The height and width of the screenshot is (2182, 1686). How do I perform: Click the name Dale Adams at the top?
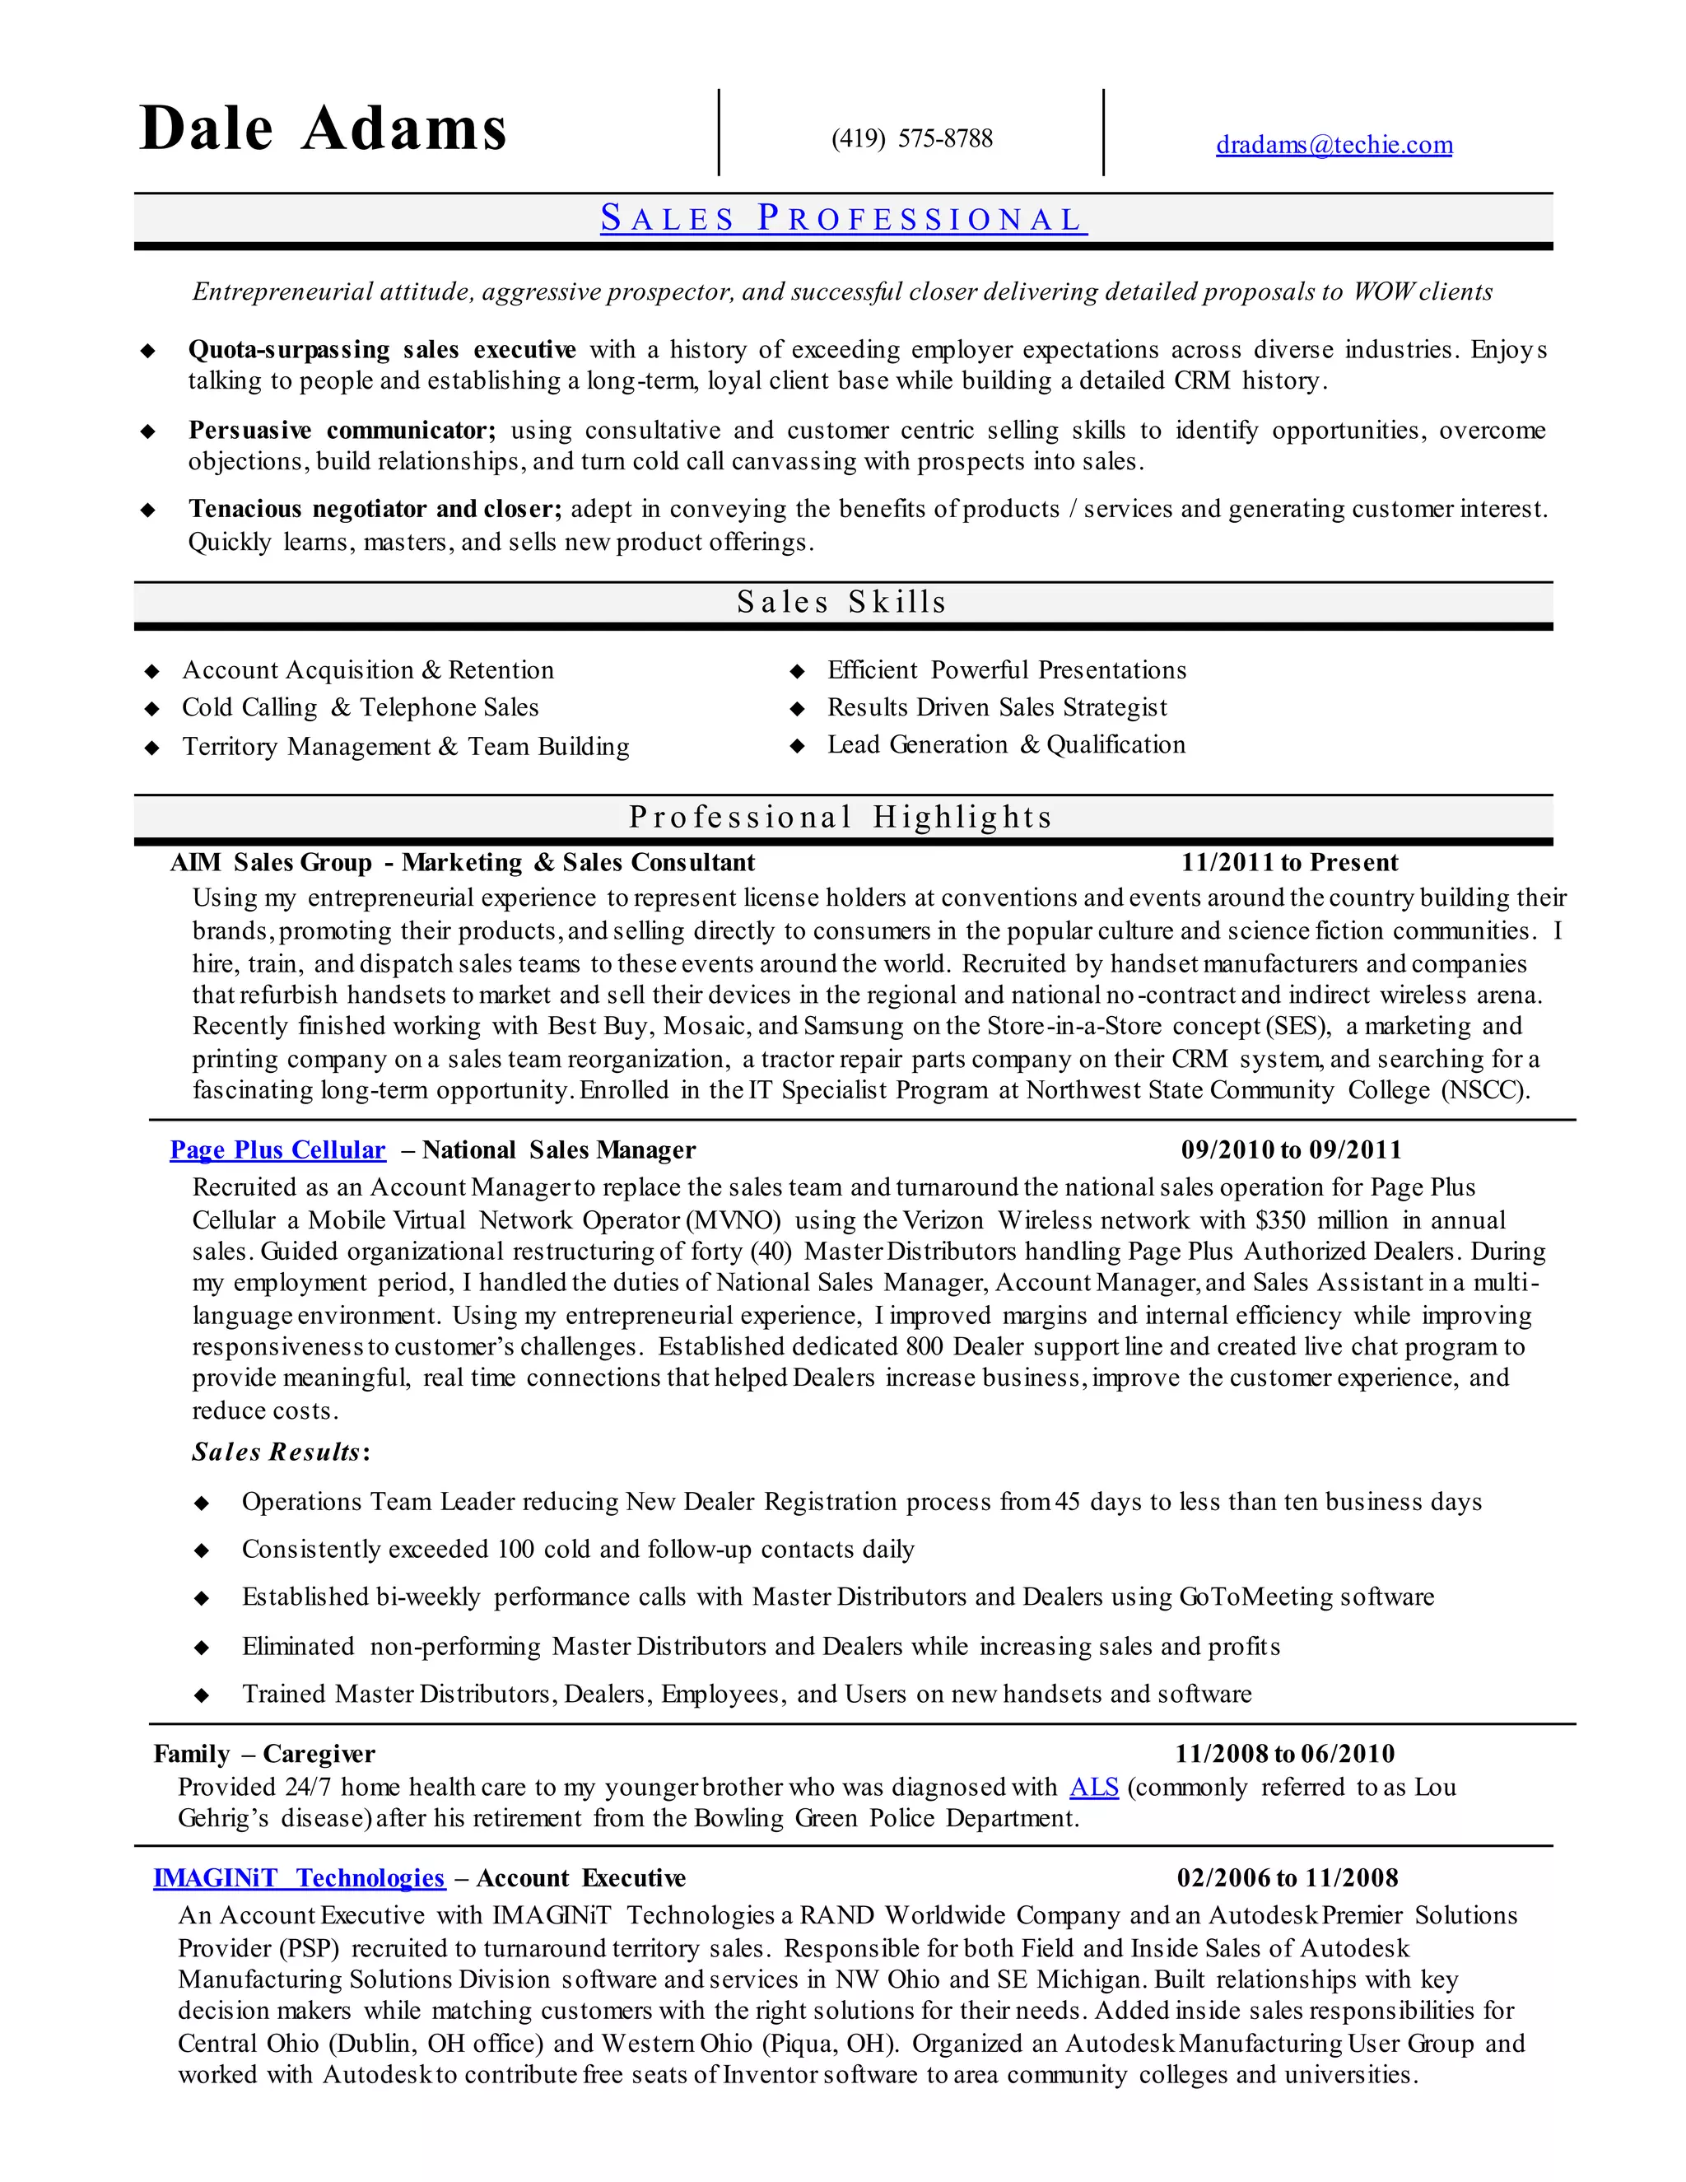point(324,130)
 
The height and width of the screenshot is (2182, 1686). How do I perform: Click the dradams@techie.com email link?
point(1334,145)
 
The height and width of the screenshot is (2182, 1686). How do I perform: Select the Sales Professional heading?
point(843,219)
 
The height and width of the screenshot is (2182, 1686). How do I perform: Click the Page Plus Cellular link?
point(277,1150)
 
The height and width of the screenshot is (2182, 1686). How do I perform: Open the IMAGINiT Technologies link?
point(299,1877)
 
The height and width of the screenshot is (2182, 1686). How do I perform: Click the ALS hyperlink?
point(1094,1787)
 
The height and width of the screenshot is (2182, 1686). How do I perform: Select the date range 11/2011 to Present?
point(1289,862)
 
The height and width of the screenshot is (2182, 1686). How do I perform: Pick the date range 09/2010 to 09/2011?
point(1292,1150)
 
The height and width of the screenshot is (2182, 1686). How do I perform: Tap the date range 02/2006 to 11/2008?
point(1288,1877)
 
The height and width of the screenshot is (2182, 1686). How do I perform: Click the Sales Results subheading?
point(277,1452)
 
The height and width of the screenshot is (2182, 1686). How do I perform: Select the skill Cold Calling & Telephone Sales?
point(360,707)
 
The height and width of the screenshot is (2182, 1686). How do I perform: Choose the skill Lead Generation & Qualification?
point(1006,744)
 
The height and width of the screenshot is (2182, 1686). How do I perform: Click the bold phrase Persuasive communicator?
point(341,431)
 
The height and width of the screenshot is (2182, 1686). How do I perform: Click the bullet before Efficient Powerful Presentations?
point(797,670)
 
